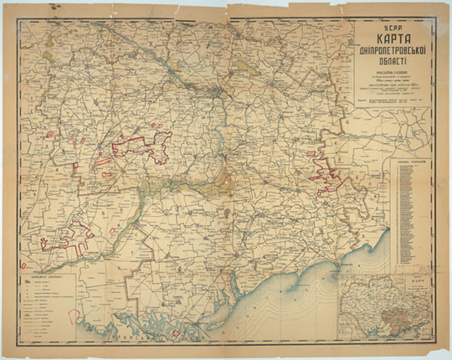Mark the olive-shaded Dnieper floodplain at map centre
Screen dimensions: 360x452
[x=222, y=181]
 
